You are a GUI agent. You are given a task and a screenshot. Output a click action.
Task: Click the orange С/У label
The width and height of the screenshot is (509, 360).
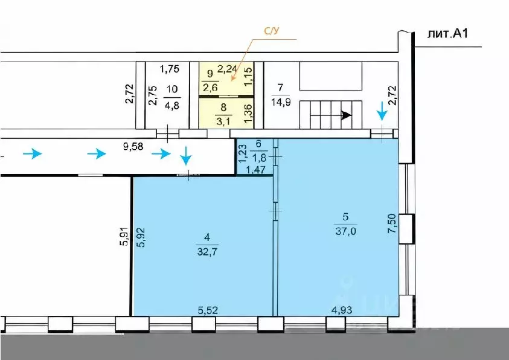click(271, 31)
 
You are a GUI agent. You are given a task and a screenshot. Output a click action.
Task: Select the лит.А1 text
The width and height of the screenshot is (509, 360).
click(447, 34)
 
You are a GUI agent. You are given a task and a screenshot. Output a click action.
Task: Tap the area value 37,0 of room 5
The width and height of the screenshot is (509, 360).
click(345, 231)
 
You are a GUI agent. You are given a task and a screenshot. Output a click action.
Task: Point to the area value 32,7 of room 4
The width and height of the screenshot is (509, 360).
click(207, 251)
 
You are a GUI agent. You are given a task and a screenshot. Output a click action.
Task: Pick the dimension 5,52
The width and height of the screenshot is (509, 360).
click(208, 310)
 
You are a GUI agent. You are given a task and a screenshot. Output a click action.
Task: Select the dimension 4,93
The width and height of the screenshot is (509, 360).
click(342, 310)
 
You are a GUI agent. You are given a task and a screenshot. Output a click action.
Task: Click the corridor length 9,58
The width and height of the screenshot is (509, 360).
click(133, 147)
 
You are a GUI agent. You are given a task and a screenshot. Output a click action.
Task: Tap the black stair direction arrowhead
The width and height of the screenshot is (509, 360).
click(347, 115)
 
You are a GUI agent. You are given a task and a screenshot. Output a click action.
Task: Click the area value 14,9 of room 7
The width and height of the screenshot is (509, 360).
click(281, 102)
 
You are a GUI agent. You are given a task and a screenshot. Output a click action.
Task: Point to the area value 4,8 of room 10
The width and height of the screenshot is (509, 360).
click(171, 106)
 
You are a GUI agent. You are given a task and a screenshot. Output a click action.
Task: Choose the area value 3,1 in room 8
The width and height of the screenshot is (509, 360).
click(223, 123)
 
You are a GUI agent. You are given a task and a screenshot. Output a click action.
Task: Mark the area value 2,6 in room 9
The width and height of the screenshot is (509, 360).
click(210, 88)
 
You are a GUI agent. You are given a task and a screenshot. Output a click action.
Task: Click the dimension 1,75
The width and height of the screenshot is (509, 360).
click(170, 69)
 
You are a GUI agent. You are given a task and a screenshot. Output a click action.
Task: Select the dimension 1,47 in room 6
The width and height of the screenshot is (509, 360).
click(256, 170)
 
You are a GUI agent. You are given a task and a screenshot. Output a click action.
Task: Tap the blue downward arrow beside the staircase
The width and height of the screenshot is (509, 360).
click(382, 111)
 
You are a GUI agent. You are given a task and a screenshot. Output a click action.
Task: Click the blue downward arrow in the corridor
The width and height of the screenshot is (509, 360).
click(186, 156)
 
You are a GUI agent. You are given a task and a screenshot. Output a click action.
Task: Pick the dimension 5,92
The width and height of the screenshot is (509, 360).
click(141, 237)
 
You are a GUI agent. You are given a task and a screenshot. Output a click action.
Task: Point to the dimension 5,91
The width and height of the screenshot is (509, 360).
click(124, 237)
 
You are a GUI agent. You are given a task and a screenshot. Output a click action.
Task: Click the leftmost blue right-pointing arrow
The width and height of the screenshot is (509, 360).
click(33, 153)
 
